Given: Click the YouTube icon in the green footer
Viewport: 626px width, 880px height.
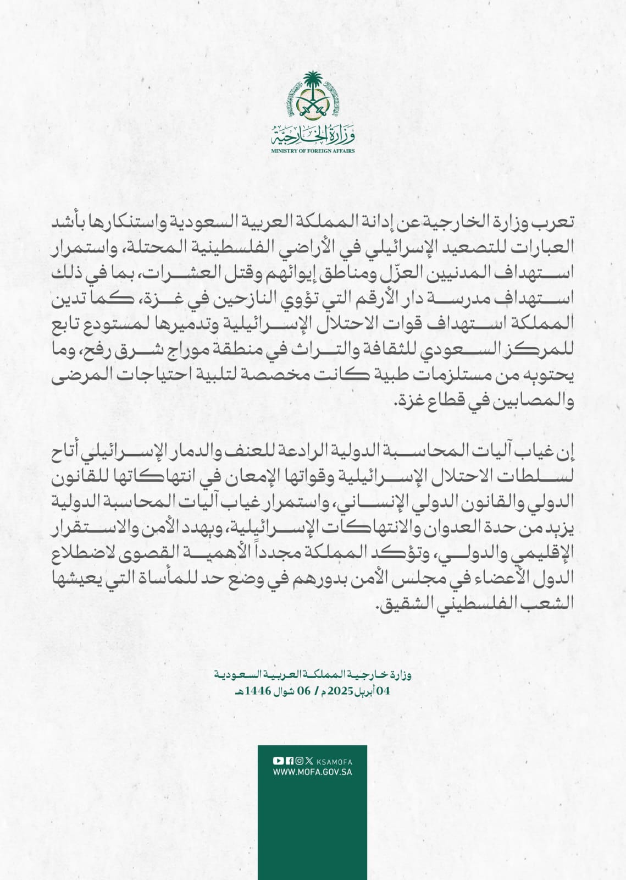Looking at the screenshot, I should [x=278, y=761].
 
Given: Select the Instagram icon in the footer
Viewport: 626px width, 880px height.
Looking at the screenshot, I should [x=298, y=761].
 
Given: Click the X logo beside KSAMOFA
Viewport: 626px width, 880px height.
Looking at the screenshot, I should [x=308, y=761].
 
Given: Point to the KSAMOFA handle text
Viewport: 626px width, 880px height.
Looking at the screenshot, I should [x=335, y=762].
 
